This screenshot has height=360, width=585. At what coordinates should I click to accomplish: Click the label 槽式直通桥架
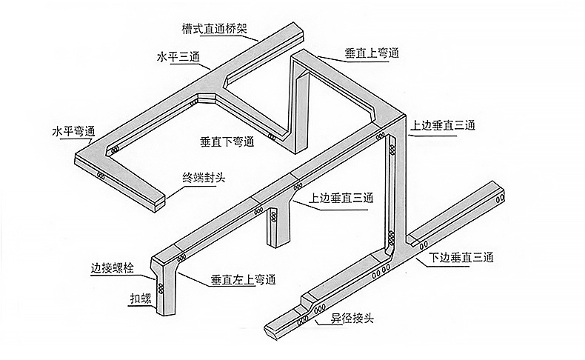(214, 30)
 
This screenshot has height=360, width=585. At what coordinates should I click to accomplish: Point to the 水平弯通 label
(72, 131)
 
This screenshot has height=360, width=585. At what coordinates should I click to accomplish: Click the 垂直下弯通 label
(227, 140)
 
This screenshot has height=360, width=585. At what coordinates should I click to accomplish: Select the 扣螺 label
(134, 300)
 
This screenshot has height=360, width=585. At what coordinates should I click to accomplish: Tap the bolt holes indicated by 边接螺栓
(181, 258)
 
